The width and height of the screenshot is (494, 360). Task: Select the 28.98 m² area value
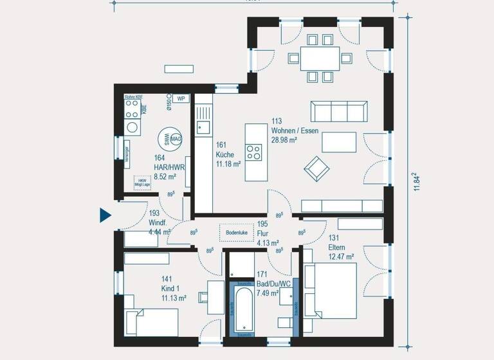point(284,139)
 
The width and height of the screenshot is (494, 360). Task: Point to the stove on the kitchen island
point(253,152)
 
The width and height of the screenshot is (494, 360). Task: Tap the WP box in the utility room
point(181,98)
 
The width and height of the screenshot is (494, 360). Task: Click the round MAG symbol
point(176,138)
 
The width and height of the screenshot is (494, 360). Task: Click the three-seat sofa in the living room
point(338,111)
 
